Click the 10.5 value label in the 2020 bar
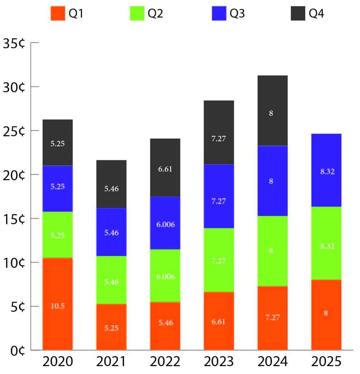pos(58,306)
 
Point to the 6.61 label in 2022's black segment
pos(165,169)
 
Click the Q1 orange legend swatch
pos(58,14)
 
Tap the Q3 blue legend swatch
pos(219,14)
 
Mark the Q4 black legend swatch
pos(298,14)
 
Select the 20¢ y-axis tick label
pos(14,175)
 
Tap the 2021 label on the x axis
pos(111,362)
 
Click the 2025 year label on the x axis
pos(326,362)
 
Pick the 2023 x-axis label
pos(219,362)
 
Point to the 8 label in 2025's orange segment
pos(326,314)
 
